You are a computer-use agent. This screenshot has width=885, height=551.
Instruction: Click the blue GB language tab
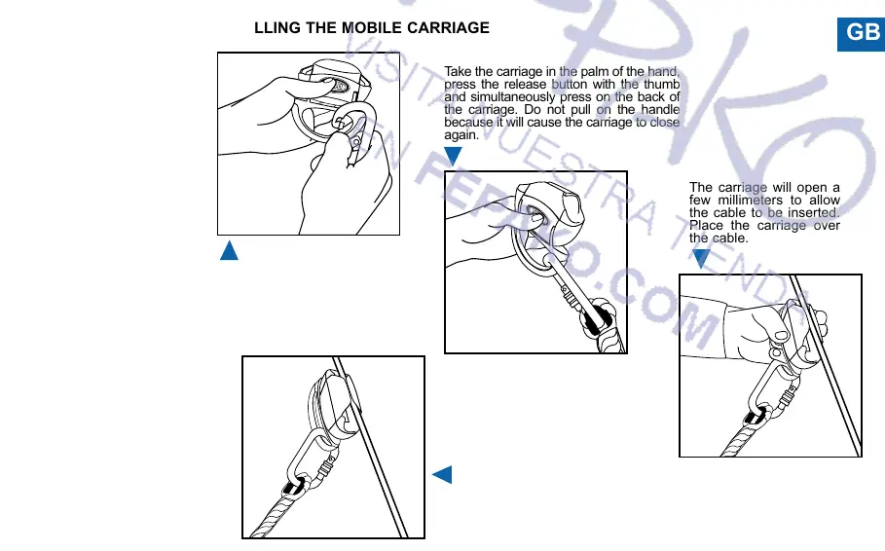[863, 33]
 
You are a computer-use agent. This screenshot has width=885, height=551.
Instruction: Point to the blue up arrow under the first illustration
[229, 250]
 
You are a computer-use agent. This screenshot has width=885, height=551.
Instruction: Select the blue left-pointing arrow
[442, 475]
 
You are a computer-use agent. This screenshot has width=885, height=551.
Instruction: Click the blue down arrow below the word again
[454, 156]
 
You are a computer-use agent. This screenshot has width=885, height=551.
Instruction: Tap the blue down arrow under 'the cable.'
[701, 258]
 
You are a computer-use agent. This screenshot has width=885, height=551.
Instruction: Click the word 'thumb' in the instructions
[661, 85]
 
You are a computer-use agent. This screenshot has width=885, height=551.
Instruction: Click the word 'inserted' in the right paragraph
[812, 212]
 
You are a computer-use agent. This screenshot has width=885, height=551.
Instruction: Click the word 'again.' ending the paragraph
[461, 135]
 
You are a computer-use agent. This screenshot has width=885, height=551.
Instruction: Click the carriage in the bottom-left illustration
[330, 403]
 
